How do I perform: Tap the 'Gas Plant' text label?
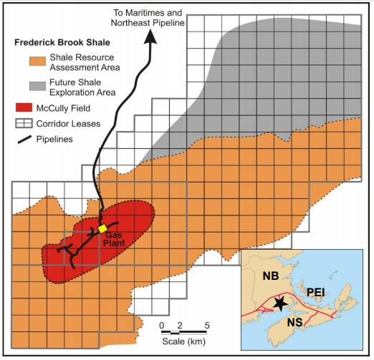[115, 238]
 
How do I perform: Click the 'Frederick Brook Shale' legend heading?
[62, 42]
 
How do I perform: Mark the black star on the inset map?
[280, 303]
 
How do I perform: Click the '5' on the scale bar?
[207, 326]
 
